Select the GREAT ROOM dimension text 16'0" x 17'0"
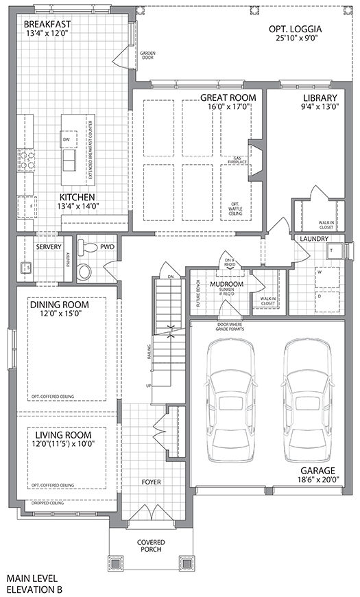(x=228, y=108)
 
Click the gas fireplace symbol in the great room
(x=254, y=161)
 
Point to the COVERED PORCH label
(x=151, y=547)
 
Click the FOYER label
(x=152, y=482)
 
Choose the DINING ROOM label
(x=55, y=303)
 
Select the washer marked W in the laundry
(x=317, y=272)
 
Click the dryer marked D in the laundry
(x=317, y=297)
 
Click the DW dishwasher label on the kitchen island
(x=67, y=140)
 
